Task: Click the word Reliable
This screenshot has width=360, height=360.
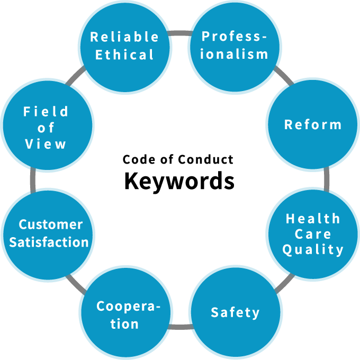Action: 124,37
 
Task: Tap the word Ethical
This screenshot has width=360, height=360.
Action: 124,55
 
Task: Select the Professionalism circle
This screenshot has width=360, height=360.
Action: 235,47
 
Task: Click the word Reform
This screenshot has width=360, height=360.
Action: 313,125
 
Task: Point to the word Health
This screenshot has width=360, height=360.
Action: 313,218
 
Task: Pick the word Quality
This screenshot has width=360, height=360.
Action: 313,249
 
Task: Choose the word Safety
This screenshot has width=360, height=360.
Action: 235,312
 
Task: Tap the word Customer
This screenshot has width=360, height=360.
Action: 51,224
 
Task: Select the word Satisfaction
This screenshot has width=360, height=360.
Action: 49,242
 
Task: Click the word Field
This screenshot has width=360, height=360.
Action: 46,111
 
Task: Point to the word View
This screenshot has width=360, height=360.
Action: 46,144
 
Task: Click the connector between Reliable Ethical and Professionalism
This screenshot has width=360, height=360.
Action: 180,33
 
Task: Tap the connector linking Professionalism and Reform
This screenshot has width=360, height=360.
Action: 284,76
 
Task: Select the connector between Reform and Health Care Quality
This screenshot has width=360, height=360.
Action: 326,179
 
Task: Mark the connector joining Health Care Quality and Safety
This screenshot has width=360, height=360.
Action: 284,283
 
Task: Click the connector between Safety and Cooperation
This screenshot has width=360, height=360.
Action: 180,327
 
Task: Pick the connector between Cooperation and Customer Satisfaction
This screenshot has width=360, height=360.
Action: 76,284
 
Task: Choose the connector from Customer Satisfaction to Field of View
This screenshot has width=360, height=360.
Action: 33,180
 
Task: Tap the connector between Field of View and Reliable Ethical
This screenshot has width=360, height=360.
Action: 76,76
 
